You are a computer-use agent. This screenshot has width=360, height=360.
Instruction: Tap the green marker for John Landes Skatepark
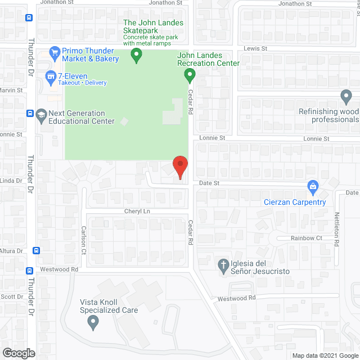(136, 55)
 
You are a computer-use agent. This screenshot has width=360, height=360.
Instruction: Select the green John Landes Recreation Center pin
(190, 74)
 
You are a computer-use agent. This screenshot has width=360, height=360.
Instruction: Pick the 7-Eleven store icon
(51, 75)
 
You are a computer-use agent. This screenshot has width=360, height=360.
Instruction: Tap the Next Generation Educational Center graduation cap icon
(41, 116)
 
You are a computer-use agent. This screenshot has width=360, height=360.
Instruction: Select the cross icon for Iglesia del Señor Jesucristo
(223, 264)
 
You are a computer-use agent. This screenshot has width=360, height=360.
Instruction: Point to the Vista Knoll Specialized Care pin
(93, 322)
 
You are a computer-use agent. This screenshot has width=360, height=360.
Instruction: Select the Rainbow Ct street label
(306, 238)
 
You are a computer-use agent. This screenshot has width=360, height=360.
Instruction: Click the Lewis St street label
(255, 49)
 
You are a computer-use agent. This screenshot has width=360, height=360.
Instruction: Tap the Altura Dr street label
(11, 250)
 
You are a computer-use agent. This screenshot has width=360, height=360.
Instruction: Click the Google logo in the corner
(18, 353)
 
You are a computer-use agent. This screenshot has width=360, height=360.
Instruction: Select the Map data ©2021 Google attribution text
(325, 355)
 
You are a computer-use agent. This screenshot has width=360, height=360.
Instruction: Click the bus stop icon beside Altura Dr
(36, 251)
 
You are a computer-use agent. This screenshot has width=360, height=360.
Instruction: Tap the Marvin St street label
(11, 90)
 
